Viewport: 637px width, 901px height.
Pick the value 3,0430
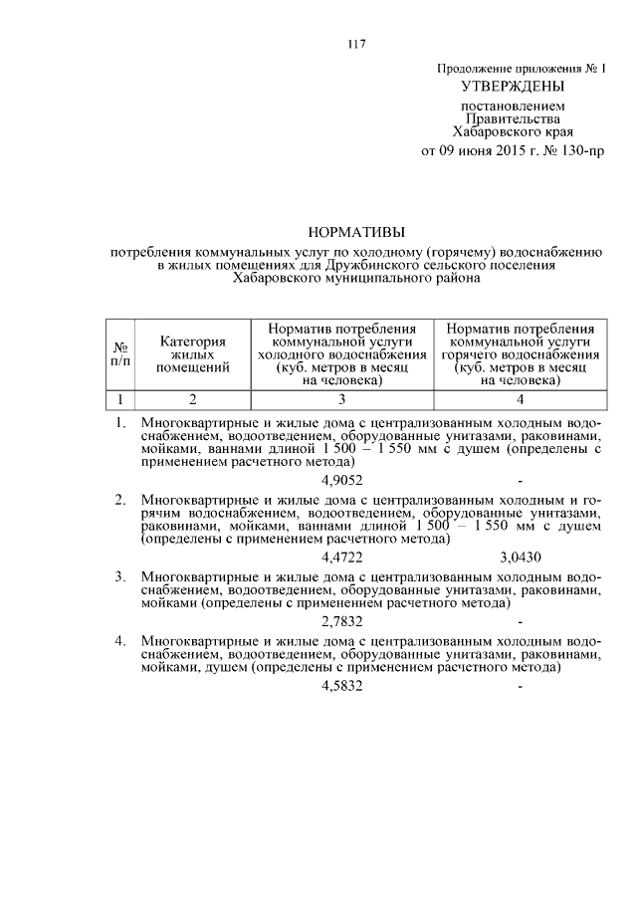521,557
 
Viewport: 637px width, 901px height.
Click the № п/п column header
120,354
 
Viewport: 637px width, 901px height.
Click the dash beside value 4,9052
521,480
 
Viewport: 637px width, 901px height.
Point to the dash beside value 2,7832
521,620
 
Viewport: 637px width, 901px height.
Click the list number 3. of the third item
119,576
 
